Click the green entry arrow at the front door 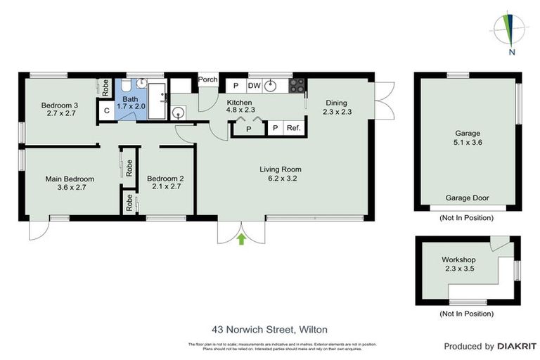241,240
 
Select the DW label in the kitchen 254,86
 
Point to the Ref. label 293,128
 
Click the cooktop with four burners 297,86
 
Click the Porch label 207,79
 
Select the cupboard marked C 106,110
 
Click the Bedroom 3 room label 59,105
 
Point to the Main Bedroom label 70,179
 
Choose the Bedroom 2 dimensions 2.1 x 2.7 165,187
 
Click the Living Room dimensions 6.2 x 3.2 280,178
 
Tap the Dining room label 337,102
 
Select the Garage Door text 467,198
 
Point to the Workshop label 459,259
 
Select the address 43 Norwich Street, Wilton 269,328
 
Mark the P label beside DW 236,86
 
